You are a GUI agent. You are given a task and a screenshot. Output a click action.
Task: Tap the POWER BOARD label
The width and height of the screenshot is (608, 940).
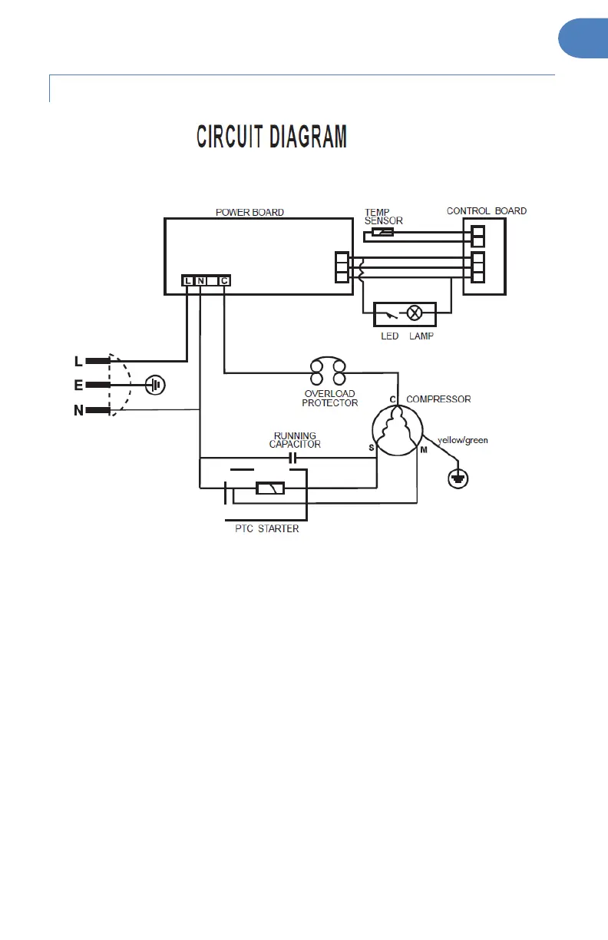249,212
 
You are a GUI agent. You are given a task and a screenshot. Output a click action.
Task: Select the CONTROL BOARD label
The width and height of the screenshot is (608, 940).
487,211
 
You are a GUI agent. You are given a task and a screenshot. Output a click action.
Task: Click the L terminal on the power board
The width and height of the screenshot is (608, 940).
188,281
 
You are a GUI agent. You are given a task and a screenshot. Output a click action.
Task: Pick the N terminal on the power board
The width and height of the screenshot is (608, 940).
200,281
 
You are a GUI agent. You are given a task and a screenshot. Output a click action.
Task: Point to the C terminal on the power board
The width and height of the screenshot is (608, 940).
223,281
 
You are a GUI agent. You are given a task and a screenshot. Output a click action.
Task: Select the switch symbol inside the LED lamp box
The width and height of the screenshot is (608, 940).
393,313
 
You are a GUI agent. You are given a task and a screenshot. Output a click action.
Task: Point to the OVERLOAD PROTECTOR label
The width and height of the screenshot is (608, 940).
329,398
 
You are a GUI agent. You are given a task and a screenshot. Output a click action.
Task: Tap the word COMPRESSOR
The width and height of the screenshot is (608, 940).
438,399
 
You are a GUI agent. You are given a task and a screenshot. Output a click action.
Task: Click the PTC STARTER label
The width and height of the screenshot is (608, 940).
267,528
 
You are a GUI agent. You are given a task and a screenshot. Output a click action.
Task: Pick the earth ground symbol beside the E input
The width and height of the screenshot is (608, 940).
155,384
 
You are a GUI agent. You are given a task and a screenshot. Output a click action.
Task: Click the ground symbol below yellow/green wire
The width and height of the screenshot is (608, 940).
458,478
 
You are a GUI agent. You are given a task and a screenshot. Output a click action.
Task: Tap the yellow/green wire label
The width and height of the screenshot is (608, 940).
462,441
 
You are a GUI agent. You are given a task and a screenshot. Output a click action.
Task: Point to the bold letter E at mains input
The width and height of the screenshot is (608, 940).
78,385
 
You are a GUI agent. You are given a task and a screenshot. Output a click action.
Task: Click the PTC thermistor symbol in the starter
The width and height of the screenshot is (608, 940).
270,488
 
